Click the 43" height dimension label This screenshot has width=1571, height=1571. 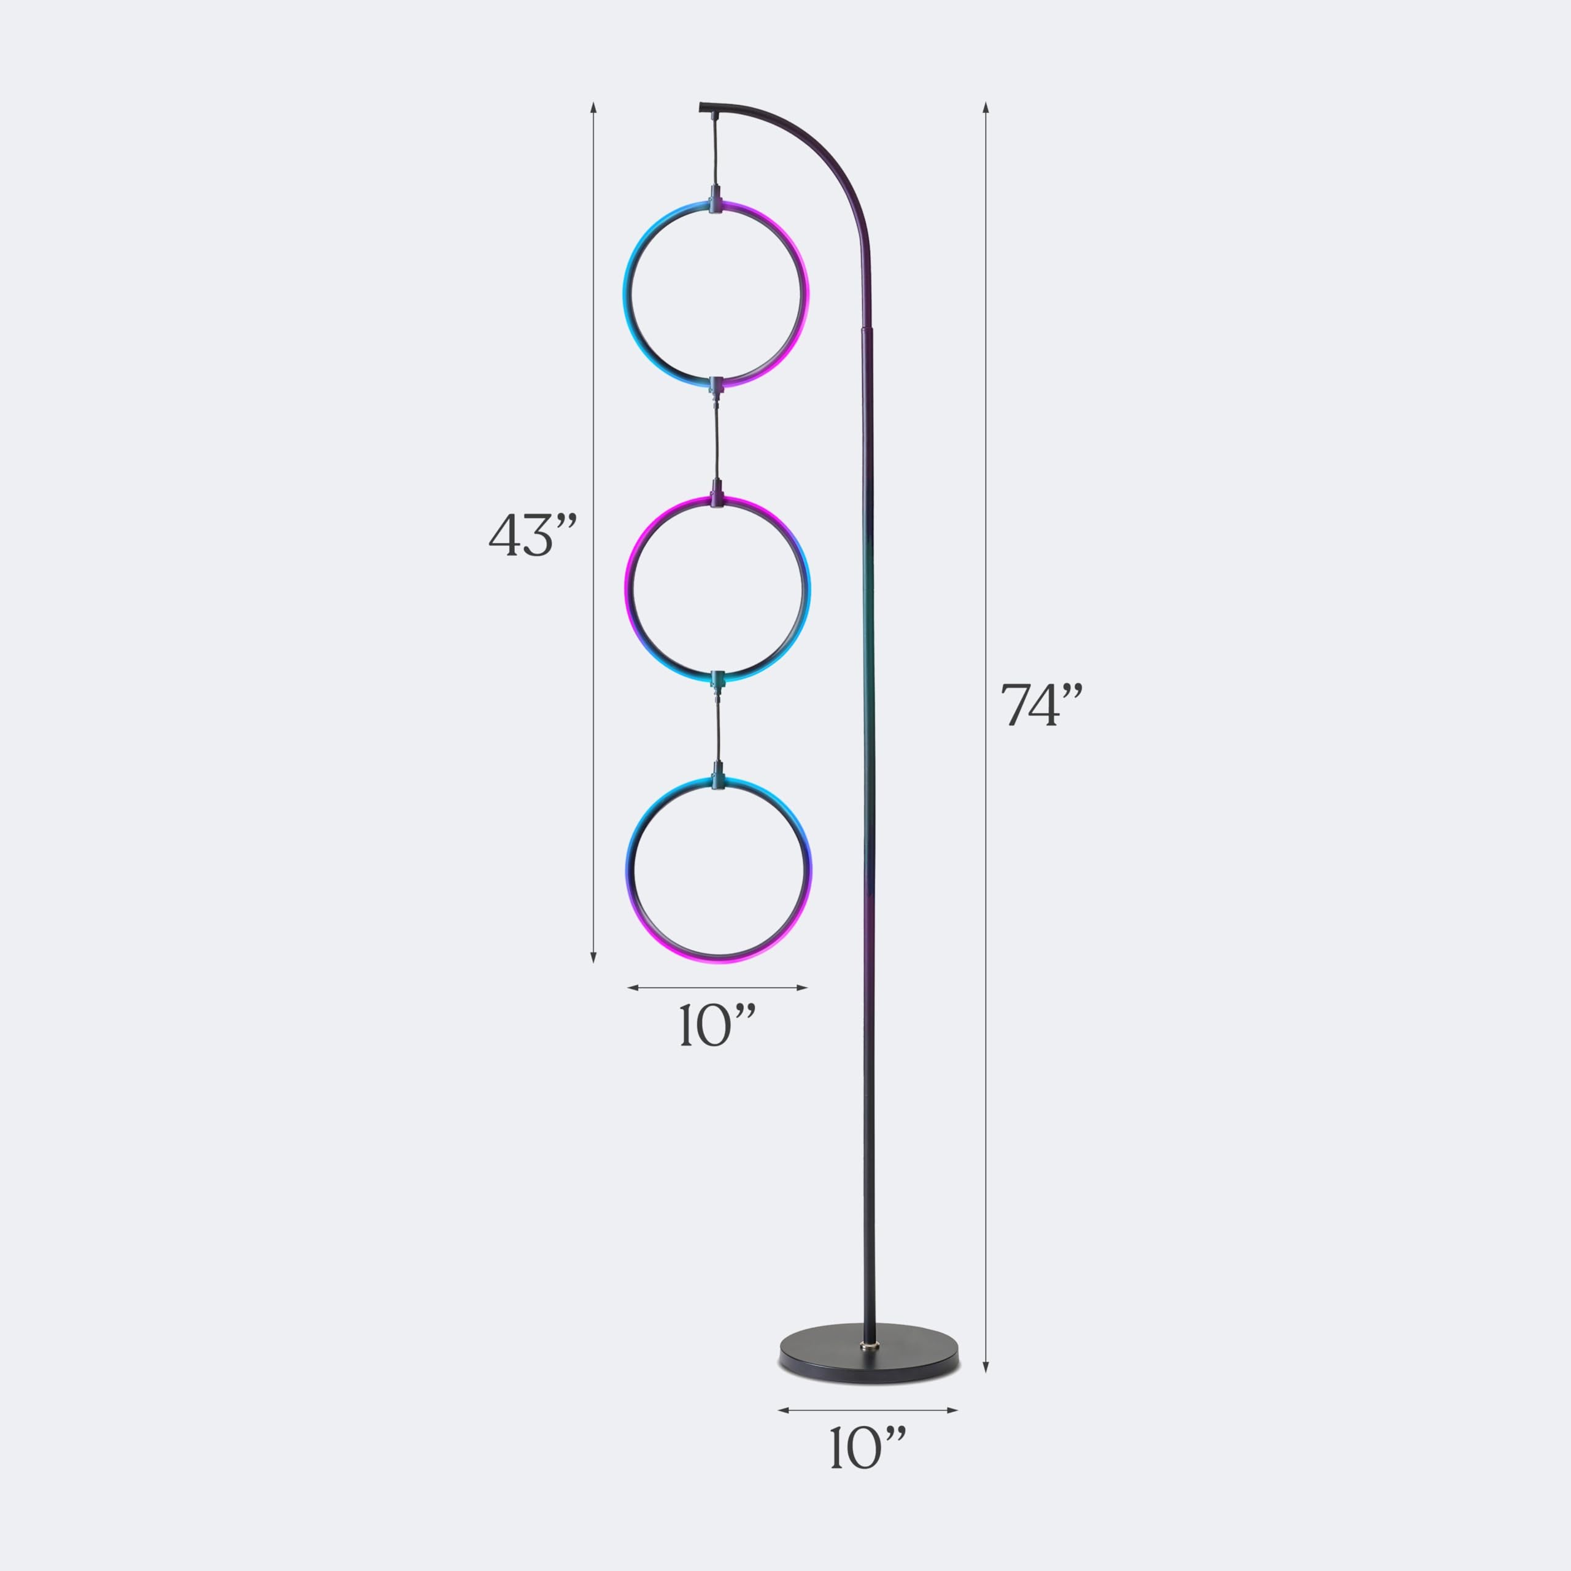pos(533,536)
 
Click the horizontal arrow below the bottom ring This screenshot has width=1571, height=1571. pos(717,988)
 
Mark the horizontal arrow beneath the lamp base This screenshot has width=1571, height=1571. pos(868,1411)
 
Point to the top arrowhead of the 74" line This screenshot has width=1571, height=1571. pos(986,107)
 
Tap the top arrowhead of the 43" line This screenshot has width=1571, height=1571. pos(593,107)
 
